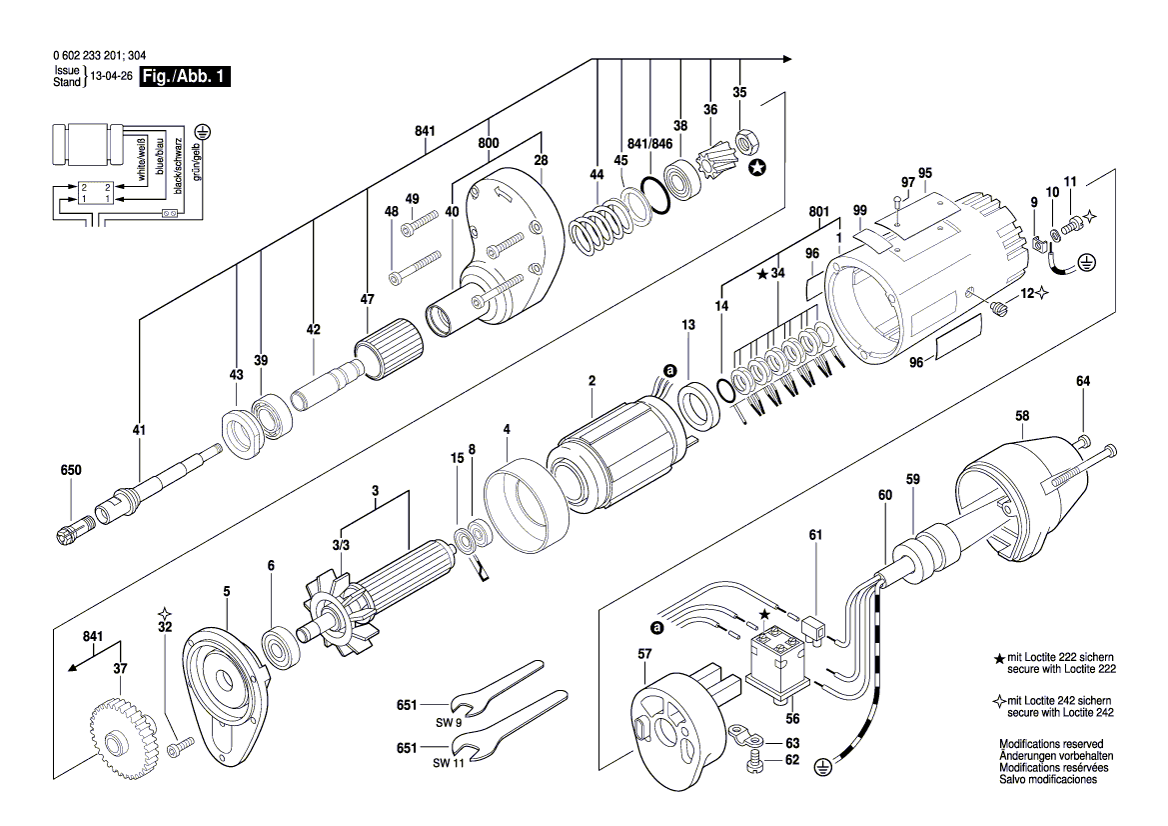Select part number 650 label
[70, 470]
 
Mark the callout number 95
[924, 172]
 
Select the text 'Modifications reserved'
[1050, 744]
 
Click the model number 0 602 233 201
[83, 57]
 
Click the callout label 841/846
[651, 143]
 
